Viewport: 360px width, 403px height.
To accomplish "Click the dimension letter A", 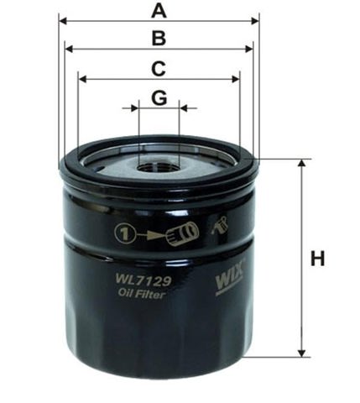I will (x=158, y=11).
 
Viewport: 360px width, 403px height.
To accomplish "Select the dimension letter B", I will (x=158, y=38).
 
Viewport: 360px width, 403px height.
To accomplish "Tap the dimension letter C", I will (x=158, y=69).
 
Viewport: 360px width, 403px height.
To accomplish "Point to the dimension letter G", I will (x=159, y=98).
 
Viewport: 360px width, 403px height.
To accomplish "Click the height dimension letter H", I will (x=317, y=259).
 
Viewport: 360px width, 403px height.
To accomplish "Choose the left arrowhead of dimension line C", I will (x=81, y=80).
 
